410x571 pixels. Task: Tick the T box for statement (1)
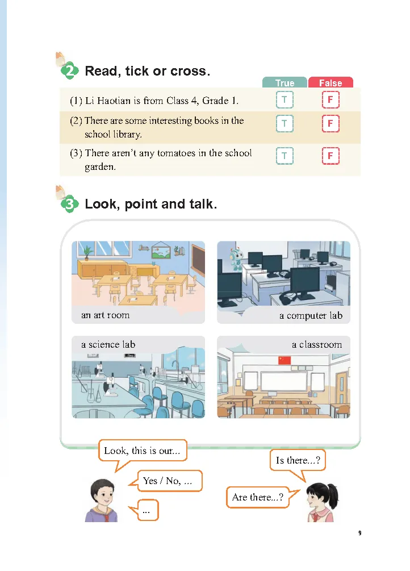285,100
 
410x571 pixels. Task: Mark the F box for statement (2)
330,123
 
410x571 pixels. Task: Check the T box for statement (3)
285,156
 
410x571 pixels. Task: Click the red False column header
330,82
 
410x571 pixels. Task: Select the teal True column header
285,82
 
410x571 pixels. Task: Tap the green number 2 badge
69,70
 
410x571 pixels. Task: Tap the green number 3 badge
69,204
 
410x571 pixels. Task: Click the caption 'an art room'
105,315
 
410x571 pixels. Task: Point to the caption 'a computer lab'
311,315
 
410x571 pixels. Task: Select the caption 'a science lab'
108,344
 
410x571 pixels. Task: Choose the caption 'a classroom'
317,344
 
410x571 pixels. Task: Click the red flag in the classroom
285,360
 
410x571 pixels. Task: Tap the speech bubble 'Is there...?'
298,460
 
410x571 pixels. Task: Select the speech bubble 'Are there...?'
257,497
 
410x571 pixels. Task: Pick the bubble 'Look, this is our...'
142,451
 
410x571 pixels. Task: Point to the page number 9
360,533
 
